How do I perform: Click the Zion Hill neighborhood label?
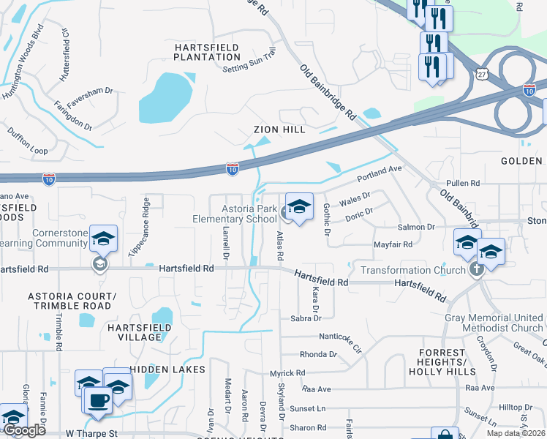tap(279, 130)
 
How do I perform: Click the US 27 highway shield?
tap(480, 75)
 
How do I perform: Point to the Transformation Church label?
tap(413, 270)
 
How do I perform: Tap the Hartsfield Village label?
tap(134, 331)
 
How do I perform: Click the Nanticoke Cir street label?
tap(340, 339)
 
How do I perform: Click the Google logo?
tap(24, 429)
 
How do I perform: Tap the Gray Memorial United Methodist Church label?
tap(494, 323)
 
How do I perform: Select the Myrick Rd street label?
tap(287, 373)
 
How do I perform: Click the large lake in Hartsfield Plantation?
tap(165, 99)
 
